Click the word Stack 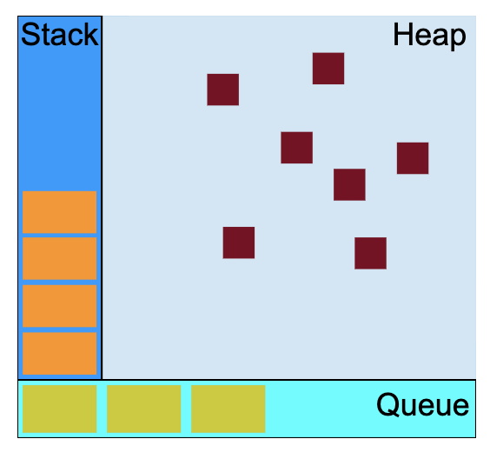[x=60, y=35]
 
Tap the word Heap [x=430, y=36]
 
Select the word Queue [x=423, y=405]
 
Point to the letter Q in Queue [x=388, y=405]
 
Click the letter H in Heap [x=402, y=35]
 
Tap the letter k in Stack [x=90, y=35]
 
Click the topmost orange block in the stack [x=60, y=212]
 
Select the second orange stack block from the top [x=60, y=258]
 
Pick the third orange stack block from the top [x=60, y=306]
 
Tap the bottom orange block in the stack [x=60, y=354]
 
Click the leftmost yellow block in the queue [x=60, y=409]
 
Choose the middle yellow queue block [x=143, y=409]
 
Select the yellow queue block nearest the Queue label [x=228, y=409]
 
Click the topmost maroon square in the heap [x=328, y=69]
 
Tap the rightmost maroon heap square [x=413, y=158]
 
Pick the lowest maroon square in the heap [x=371, y=253]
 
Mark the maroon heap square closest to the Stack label [x=223, y=90]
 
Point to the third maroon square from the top [x=297, y=148]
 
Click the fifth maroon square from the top [x=349, y=185]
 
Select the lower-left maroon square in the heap [x=239, y=243]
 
